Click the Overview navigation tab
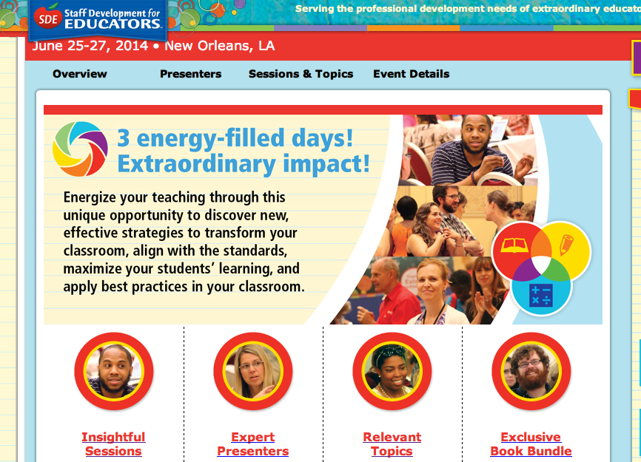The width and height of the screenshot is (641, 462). tap(80, 74)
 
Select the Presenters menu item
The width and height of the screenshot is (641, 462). tap(190, 74)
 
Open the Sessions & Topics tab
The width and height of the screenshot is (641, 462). tap(301, 74)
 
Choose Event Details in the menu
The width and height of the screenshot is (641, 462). tap(412, 74)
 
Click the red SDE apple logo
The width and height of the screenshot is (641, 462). tap(48, 18)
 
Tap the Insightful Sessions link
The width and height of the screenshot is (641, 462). tap(114, 444)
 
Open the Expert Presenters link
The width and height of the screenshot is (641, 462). tap(253, 444)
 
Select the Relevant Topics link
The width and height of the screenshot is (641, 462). tap(392, 444)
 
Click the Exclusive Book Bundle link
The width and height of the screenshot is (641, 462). tap(531, 444)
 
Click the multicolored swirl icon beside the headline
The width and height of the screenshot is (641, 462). tap(80, 149)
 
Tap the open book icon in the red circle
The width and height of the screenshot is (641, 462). tap(514, 245)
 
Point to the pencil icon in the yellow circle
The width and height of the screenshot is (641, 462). tap(566, 244)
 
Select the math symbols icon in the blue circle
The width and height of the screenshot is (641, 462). tap(541, 295)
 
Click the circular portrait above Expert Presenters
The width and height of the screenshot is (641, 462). tap(253, 371)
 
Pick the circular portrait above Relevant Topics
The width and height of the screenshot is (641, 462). tap(392, 371)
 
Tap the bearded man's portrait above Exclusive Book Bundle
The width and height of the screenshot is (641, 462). tap(531, 371)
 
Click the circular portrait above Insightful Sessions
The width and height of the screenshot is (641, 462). tap(114, 371)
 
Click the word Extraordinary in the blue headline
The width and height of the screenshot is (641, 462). tap(197, 164)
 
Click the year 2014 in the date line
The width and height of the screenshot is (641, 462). tap(132, 46)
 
